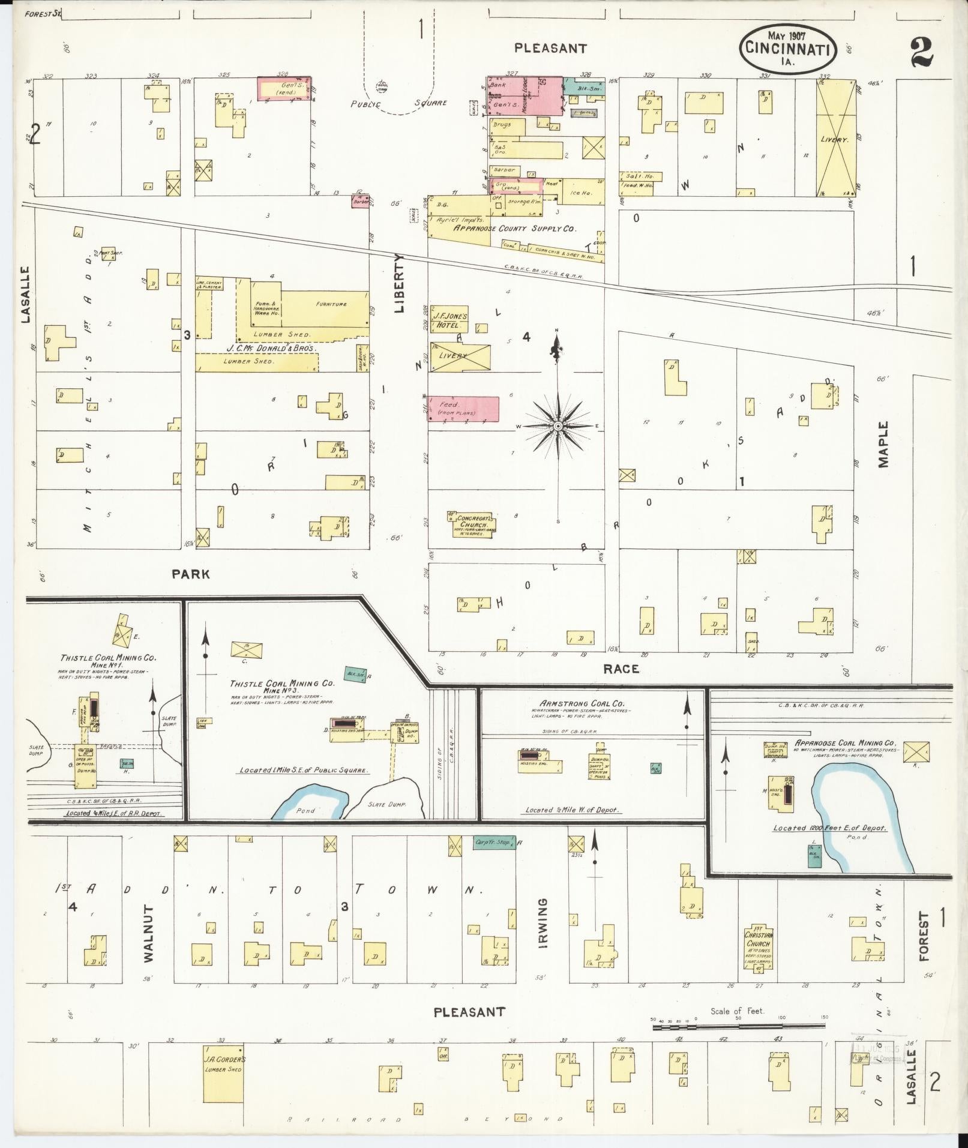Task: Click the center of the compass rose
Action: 558,426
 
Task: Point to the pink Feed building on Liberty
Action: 463,409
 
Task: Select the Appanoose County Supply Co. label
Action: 514,229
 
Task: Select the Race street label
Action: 621,669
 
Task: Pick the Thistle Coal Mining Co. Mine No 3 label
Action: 282,687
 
